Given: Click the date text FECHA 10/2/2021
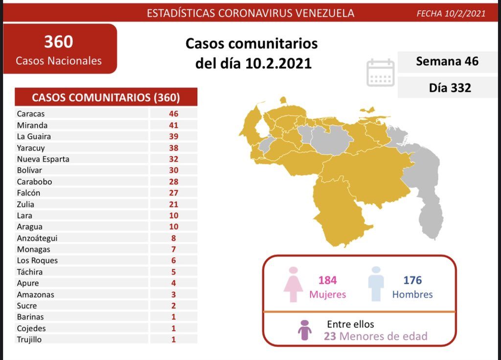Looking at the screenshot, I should (451, 13).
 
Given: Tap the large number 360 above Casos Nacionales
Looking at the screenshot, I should (58, 42).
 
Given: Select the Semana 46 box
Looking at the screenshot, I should (447, 62).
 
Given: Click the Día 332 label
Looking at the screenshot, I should (450, 88).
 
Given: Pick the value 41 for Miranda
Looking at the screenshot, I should (173, 125).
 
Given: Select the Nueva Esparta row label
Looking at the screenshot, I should (43, 159).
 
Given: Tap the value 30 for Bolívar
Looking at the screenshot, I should (173, 170).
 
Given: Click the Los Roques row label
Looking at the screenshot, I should (37, 261).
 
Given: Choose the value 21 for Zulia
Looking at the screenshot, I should (173, 204).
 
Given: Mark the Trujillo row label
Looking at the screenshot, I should (29, 339).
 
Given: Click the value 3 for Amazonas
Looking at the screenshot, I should (173, 294).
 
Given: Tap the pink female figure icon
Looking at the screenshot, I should (294, 284).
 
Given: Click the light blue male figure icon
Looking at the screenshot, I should (376, 284).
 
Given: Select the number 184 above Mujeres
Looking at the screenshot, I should (328, 280).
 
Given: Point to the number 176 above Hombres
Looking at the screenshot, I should (412, 280).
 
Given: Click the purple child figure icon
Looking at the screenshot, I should (305, 330).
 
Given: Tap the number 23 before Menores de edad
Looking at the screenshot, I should (330, 336).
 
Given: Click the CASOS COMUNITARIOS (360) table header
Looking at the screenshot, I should (106, 97).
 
